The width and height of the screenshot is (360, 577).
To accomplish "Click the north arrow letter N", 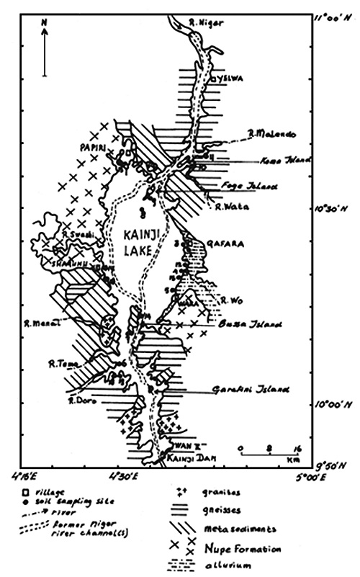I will point(45,24).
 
